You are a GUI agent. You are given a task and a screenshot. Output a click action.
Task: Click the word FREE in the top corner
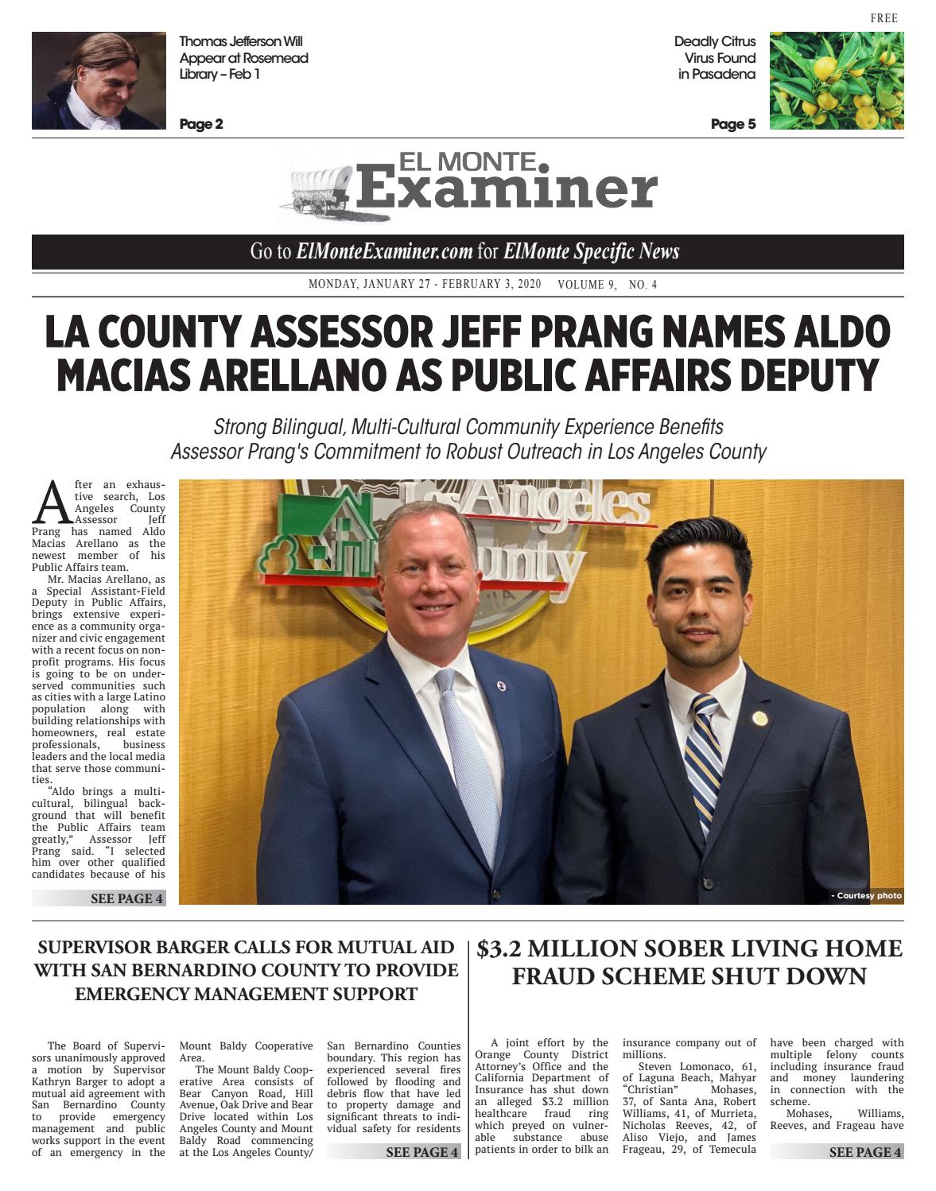884,18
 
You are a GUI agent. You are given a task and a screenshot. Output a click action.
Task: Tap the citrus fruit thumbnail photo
837,81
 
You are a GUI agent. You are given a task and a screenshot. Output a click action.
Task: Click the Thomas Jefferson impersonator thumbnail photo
99,81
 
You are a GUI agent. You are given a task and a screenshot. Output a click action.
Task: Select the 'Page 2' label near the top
201,124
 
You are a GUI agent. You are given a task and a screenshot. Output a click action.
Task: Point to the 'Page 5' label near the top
733,124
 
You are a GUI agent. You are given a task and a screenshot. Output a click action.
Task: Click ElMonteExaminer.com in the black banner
384,252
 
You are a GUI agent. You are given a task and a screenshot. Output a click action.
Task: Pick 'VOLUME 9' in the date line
587,285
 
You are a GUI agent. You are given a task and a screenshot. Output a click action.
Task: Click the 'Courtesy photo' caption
867,896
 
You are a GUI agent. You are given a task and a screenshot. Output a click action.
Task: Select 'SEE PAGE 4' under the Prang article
127,898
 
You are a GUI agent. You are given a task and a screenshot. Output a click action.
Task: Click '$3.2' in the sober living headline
499,949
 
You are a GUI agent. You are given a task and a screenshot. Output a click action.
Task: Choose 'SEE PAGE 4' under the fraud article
865,1152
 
